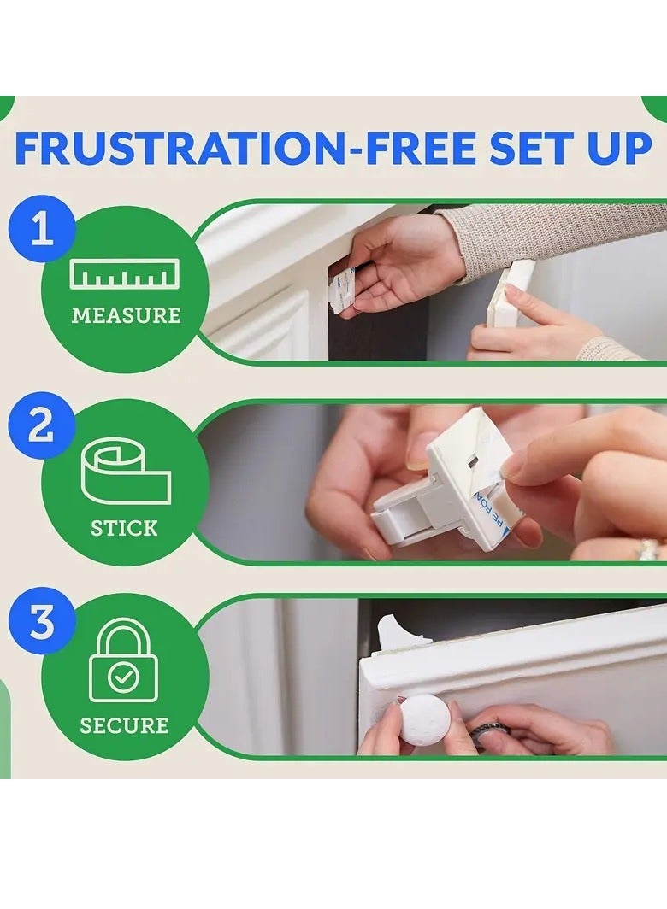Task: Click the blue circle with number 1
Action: click(x=41, y=231)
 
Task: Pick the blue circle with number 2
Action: click(x=41, y=427)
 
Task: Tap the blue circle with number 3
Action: click(x=41, y=623)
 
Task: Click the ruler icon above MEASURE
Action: click(x=125, y=273)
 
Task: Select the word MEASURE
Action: click(x=126, y=315)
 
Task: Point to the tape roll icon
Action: click(x=126, y=473)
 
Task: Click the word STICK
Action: click(x=124, y=528)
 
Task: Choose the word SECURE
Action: click(x=124, y=726)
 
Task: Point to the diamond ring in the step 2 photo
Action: click(x=646, y=548)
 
